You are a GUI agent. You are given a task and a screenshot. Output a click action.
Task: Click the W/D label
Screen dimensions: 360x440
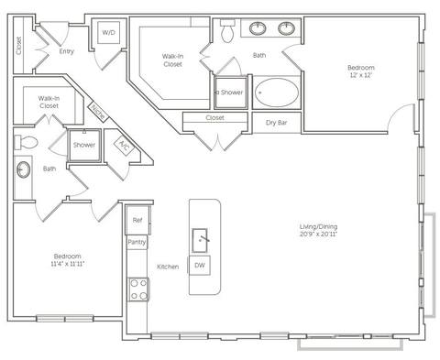pos(109,32)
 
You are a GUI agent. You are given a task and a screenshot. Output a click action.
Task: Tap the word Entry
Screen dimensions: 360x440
pos(66,51)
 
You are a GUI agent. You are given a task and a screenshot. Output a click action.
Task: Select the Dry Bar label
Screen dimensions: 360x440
pos(278,122)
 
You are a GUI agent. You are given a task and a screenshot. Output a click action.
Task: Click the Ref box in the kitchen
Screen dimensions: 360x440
pos(137,220)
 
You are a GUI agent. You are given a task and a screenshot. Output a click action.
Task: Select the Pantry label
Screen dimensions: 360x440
pos(137,242)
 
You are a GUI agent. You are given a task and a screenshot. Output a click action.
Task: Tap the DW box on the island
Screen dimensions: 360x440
pos(200,266)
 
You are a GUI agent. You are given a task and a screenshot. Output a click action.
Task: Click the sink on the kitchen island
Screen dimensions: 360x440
pos(202,240)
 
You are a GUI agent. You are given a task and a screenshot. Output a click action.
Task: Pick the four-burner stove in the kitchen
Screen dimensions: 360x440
pos(137,290)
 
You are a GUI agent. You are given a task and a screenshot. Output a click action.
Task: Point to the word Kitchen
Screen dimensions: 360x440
pos(168,267)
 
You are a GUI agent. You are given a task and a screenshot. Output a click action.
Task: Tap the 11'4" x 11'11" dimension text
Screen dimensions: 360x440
pos(67,264)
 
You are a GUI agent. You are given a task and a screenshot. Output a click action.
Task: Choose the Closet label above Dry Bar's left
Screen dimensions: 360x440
pos(215,117)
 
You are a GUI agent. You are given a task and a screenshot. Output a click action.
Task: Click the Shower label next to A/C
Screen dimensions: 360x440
pos(84,145)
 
